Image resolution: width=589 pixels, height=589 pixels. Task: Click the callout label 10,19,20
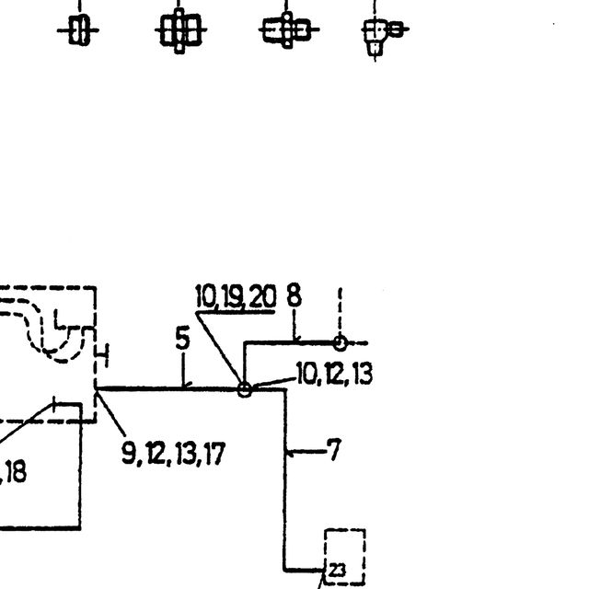[236, 296]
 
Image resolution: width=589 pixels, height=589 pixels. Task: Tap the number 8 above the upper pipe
[294, 295]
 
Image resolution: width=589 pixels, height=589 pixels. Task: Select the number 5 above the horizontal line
[182, 338]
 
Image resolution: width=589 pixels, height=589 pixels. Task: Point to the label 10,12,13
[334, 374]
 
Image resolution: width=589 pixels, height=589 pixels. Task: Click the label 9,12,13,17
[173, 454]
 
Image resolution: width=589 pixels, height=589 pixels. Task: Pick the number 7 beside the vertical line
[334, 449]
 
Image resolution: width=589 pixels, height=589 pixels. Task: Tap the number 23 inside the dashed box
[337, 571]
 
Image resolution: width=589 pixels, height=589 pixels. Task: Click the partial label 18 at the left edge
[16, 472]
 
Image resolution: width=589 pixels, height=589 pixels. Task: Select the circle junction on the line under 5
[245, 389]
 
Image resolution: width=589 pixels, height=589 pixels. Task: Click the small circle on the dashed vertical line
[340, 343]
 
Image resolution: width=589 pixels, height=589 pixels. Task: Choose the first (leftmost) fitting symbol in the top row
[78, 30]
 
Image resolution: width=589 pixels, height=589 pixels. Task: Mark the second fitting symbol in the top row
[180, 30]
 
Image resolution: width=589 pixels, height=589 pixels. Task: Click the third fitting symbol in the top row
[288, 29]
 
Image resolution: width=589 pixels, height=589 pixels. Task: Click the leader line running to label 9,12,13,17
[110, 413]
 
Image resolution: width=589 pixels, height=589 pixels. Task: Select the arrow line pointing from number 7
[306, 451]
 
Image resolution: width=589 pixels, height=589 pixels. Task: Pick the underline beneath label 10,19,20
[236, 312]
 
